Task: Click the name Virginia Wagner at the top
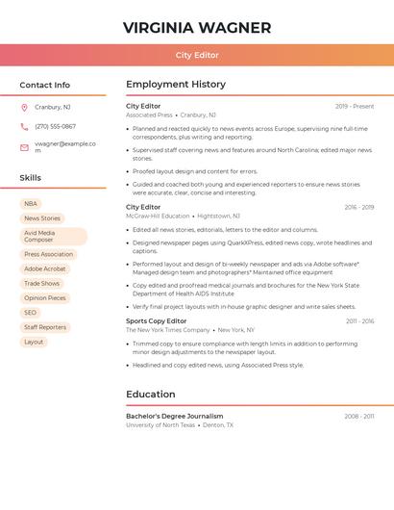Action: pyautogui.click(x=197, y=28)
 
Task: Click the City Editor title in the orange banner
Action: pyautogui.click(x=197, y=56)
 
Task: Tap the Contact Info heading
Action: pyautogui.click(x=44, y=85)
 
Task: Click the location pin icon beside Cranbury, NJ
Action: pyautogui.click(x=24, y=107)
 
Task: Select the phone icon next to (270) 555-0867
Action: pyautogui.click(x=24, y=126)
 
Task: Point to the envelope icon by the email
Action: pyautogui.click(x=24, y=147)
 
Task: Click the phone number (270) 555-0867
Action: pyautogui.click(x=55, y=126)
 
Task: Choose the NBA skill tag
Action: pyautogui.click(x=31, y=204)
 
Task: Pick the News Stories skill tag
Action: pyautogui.click(x=42, y=218)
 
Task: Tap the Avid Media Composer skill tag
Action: pyautogui.click(x=53, y=237)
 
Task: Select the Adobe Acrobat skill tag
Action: pyautogui.click(x=45, y=269)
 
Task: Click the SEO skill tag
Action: pyautogui.click(x=31, y=313)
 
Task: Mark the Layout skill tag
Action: pyautogui.click(x=34, y=342)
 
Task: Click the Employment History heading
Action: pyautogui.click(x=176, y=85)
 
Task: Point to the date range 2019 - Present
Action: pyautogui.click(x=355, y=106)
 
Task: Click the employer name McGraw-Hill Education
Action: pyautogui.click(x=158, y=217)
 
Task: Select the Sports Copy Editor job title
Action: pyautogui.click(x=156, y=321)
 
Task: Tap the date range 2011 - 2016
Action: pyautogui.click(x=359, y=321)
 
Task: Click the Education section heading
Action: pyautogui.click(x=151, y=395)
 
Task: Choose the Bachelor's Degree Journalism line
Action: pyautogui.click(x=174, y=417)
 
